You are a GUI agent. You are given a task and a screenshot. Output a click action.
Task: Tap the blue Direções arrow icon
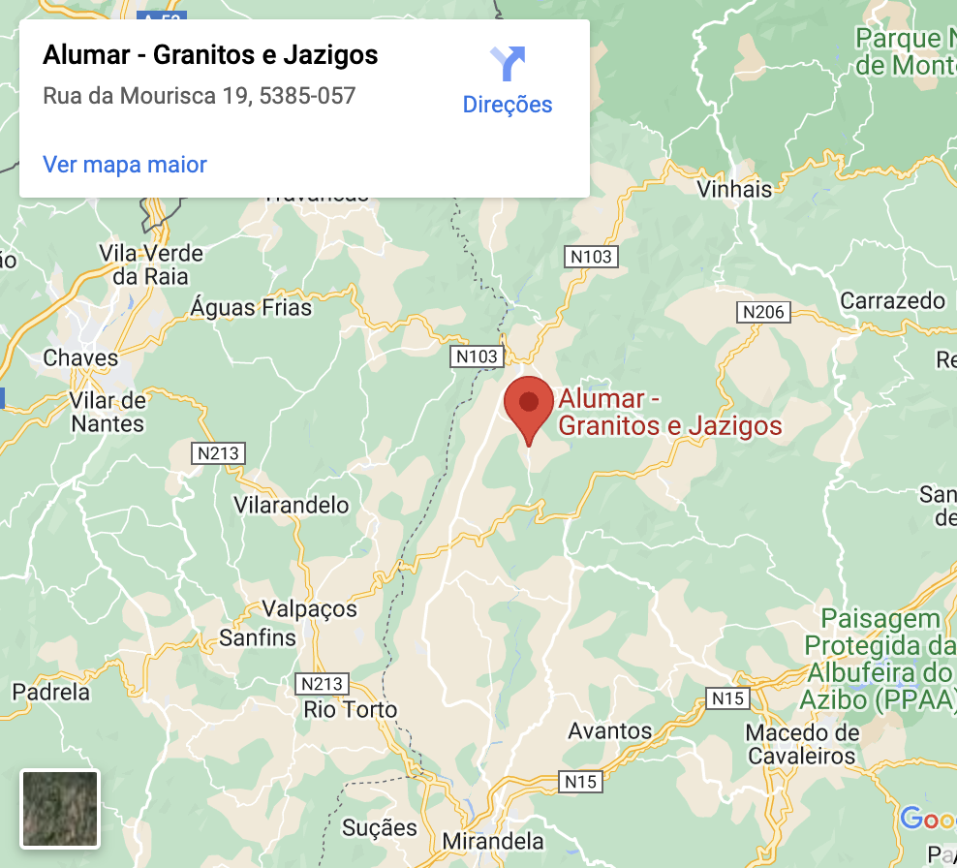tap(507, 64)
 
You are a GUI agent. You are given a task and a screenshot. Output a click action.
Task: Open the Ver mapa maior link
tap(125, 165)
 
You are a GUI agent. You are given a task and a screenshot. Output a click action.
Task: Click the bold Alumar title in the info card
tap(210, 55)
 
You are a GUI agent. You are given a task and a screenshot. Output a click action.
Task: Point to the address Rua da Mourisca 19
tap(200, 96)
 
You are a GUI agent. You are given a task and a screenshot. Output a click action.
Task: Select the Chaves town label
tap(80, 357)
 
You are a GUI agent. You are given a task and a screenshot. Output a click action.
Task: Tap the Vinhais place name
tap(735, 189)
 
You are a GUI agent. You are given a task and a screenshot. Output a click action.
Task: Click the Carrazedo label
tap(892, 300)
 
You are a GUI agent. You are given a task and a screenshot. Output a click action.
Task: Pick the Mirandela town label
tap(493, 840)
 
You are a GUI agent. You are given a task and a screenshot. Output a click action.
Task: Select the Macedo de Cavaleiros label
tap(802, 744)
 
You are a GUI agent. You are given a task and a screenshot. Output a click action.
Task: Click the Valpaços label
tap(310, 609)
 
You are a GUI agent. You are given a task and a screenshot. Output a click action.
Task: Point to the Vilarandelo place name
tap(292, 505)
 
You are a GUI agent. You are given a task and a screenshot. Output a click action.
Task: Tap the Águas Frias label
tap(252, 308)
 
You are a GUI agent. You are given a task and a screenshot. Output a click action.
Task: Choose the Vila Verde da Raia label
tap(151, 264)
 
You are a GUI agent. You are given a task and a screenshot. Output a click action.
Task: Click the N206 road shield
tap(763, 312)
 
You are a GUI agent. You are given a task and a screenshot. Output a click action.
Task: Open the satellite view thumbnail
tap(60, 808)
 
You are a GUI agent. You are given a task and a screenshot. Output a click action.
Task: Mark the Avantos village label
tap(610, 730)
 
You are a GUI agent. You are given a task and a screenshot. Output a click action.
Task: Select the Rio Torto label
tap(351, 709)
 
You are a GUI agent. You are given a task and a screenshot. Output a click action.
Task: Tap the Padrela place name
tap(50, 692)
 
